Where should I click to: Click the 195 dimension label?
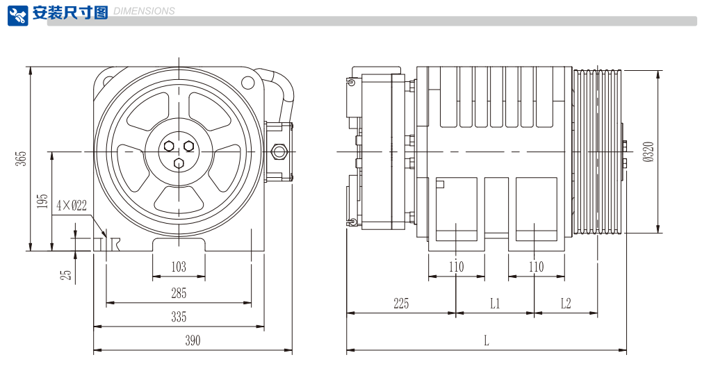click(43, 201)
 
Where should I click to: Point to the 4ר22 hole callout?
click(72, 205)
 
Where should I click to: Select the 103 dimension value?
click(179, 267)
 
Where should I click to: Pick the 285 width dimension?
click(179, 293)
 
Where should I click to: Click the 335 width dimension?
click(179, 318)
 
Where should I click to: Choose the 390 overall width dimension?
click(193, 340)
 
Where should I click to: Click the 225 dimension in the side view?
click(401, 304)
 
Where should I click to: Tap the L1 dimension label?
click(495, 304)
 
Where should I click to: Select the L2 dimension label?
click(565, 304)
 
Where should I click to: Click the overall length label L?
click(487, 340)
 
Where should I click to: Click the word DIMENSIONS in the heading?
click(143, 11)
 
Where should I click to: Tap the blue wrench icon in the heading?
click(18, 15)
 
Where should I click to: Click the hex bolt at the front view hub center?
click(179, 163)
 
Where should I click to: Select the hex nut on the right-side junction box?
click(281, 151)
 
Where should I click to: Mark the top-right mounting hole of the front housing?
click(248, 83)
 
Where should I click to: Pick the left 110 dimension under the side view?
click(456, 267)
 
